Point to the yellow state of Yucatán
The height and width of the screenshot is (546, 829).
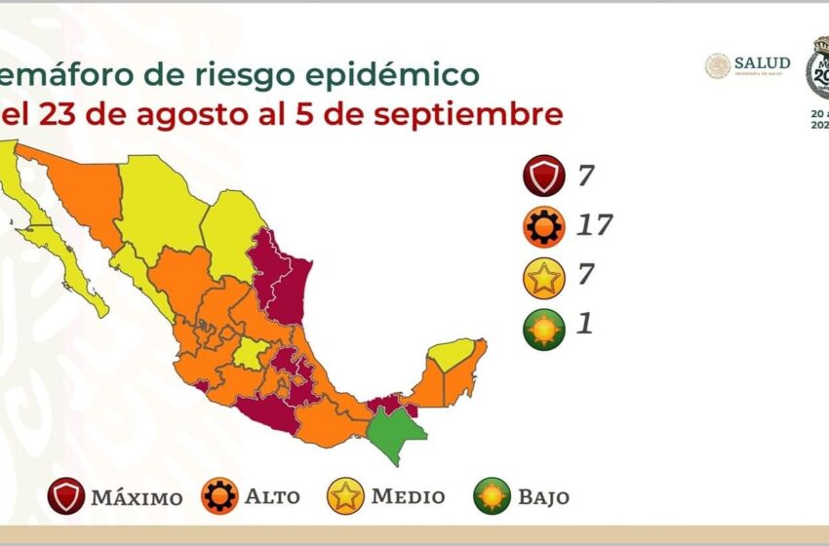[451, 353]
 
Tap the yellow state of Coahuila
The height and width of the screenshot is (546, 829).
[231, 234]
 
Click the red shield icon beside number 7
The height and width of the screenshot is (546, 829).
[542, 175]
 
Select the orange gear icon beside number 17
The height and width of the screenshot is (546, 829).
[542, 227]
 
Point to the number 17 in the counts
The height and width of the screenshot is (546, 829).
[593, 226]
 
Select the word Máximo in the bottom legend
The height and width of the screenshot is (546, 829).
[137, 497]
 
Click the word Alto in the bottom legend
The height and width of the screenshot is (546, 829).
[272, 497]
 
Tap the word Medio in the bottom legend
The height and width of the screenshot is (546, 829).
[409, 496]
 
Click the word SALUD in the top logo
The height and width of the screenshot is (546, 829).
[762, 61]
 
